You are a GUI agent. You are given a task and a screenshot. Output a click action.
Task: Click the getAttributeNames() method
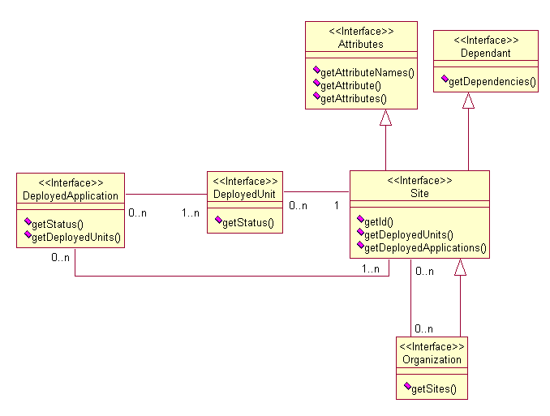click(x=367, y=72)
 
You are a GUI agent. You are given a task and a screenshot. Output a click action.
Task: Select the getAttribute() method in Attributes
click(x=350, y=85)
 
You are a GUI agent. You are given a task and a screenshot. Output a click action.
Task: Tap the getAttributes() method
click(x=354, y=98)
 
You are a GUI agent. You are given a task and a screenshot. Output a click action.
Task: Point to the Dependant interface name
click(x=485, y=53)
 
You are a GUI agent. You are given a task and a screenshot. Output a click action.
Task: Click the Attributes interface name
click(x=361, y=44)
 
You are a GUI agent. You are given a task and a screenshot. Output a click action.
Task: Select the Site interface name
click(x=419, y=194)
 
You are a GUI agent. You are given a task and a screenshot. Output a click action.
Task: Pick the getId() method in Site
click(x=378, y=221)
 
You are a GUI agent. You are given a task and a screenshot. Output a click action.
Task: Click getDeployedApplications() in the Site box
click(x=425, y=247)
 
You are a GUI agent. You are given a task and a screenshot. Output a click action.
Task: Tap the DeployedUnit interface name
click(x=245, y=194)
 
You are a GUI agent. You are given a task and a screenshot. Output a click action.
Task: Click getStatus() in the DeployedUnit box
click(x=247, y=222)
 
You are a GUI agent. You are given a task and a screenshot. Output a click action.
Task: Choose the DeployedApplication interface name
click(x=71, y=195)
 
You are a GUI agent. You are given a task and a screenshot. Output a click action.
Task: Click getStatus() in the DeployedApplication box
click(x=58, y=224)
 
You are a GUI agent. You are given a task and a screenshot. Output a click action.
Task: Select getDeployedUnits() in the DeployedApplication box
click(x=75, y=237)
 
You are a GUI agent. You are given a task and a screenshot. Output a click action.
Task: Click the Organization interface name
click(x=432, y=359)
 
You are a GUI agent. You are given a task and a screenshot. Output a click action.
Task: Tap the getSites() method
click(x=434, y=389)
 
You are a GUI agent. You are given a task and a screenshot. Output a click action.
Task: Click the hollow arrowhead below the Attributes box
click(x=386, y=118)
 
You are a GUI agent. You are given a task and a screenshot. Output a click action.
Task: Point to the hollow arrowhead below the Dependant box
click(x=468, y=101)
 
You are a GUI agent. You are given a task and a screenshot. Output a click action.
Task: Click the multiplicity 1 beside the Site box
click(x=336, y=206)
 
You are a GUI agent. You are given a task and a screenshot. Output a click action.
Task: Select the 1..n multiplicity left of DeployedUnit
click(x=190, y=213)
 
